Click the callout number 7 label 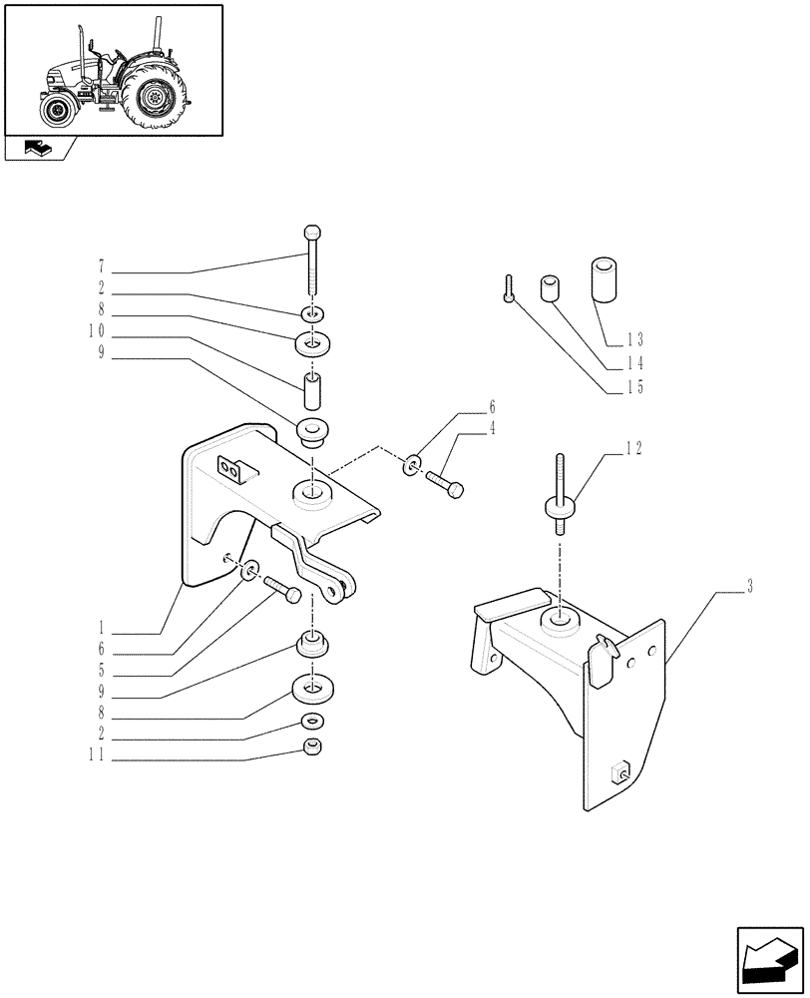coord(102,267)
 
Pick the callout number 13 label coord(635,338)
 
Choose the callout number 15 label coord(635,387)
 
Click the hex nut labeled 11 coord(313,748)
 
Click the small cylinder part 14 coord(550,289)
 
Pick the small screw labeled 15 coord(509,288)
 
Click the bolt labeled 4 coord(447,486)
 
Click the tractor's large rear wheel coord(156,99)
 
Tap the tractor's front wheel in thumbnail coord(58,108)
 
